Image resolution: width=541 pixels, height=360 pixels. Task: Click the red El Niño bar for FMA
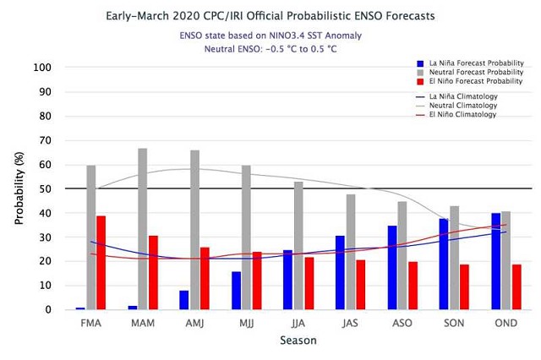[x=101, y=263]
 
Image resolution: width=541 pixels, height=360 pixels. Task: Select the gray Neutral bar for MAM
[x=142, y=229]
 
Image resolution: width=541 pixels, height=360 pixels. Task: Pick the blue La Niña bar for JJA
[x=287, y=280]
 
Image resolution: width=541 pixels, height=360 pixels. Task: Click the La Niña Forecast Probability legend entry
[x=468, y=63]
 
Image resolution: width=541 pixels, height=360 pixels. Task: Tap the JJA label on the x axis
[x=287, y=323]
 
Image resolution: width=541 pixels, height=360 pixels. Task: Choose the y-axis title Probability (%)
[x=19, y=188]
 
